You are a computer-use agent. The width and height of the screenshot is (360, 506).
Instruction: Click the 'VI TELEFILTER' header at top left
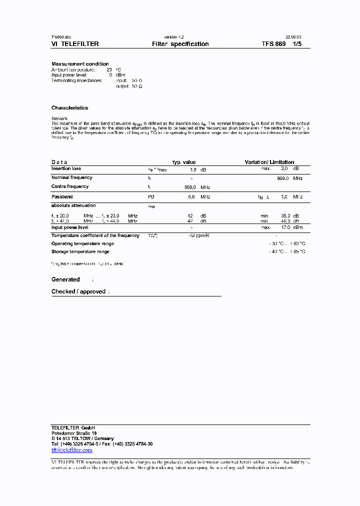click(x=75, y=44)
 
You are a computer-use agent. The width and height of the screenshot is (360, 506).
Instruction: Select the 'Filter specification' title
click(x=180, y=44)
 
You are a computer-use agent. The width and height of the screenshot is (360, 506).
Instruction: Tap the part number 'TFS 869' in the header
click(x=273, y=44)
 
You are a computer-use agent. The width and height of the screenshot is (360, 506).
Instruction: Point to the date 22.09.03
click(x=293, y=37)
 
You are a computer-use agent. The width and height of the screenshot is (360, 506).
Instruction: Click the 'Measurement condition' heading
click(x=80, y=64)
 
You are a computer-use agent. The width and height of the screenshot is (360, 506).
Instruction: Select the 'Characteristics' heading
click(x=69, y=108)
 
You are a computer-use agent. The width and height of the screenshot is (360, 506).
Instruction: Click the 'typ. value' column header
click(x=184, y=162)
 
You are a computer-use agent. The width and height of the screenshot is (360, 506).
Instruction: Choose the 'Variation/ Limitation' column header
click(x=269, y=162)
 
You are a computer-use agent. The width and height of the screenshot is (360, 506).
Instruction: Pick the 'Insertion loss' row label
click(x=66, y=169)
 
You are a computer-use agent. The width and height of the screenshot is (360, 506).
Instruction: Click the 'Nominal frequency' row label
click(x=71, y=177)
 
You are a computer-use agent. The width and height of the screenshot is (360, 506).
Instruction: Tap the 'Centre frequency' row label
click(x=70, y=186)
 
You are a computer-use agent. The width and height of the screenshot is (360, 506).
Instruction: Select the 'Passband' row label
click(x=62, y=197)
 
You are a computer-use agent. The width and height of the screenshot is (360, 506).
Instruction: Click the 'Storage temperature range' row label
click(x=80, y=251)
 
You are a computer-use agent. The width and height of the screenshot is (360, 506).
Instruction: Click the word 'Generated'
click(x=65, y=279)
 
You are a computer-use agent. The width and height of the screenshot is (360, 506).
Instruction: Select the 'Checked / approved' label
click(x=78, y=291)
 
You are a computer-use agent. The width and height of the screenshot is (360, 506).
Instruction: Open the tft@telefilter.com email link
click(x=71, y=450)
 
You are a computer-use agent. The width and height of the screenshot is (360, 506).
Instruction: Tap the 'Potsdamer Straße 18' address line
click(x=74, y=433)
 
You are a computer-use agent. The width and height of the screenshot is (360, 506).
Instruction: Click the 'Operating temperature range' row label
click(x=82, y=243)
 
